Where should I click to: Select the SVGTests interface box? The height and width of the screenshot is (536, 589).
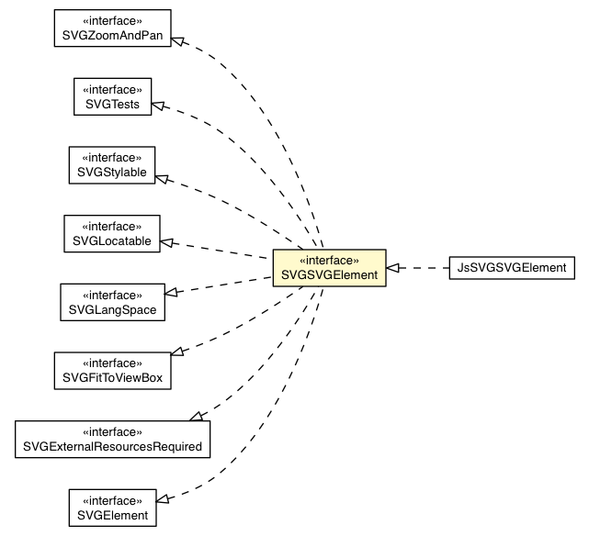(113, 96)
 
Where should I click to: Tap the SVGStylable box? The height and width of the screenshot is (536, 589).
(112, 165)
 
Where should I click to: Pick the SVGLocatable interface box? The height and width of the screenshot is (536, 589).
(112, 233)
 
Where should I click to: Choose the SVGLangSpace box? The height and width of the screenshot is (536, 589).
(112, 302)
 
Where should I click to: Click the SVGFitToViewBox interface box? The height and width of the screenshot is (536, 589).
(112, 371)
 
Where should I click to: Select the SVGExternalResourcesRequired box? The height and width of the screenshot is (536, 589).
(112, 439)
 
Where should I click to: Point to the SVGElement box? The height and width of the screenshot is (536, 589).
(112, 508)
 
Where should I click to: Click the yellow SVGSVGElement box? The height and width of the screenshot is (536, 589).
(329, 268)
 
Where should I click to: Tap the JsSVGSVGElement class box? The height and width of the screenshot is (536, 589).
(512, 268)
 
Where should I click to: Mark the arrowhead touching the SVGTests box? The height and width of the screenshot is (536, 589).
(158, 106)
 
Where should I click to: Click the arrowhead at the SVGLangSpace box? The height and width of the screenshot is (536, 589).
(171, 293)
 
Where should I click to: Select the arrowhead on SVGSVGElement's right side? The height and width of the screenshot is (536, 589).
(392, 268)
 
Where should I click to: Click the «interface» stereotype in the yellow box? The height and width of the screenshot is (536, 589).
(329, 260)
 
